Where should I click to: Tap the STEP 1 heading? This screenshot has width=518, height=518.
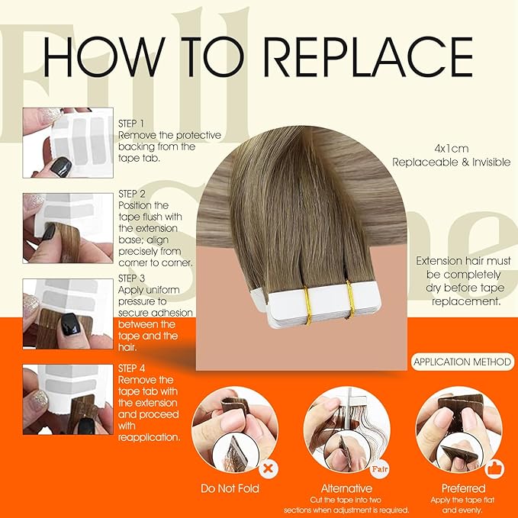point(131,124)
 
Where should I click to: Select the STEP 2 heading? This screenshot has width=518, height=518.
point(132,194)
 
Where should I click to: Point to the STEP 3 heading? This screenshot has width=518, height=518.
point(131,278)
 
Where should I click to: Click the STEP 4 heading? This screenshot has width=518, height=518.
point(131,368)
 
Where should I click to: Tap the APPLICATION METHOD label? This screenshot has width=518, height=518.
point(462,362)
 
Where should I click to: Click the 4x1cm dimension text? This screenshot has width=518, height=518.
point(452,149)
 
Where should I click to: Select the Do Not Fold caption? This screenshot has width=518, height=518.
point(230,488)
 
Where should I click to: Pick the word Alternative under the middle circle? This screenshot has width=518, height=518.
point(346,488)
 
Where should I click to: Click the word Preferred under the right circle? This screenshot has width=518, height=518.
point(463,488)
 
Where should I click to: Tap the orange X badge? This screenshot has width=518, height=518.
point(269,468)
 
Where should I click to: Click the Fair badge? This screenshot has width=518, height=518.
point(380,468)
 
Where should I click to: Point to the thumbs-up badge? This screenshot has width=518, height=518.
point(494,468)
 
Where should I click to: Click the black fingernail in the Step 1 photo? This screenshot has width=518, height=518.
point(62,167)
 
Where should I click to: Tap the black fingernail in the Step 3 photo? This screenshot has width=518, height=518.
point(70,324)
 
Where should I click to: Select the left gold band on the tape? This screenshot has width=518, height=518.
point(307,305)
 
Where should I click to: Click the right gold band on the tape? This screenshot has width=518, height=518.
point(350,300)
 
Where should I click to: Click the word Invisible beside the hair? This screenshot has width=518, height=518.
point(491,162)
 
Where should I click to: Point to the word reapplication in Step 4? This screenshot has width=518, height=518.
point(149,437)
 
